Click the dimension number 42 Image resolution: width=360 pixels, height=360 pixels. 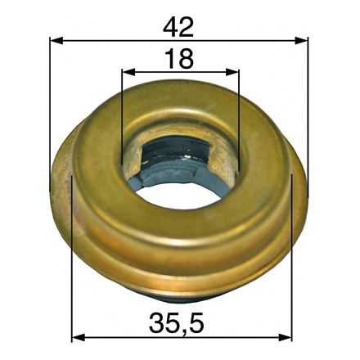click(x=178, y=26)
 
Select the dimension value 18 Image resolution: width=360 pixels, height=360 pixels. click(x=178, y=59)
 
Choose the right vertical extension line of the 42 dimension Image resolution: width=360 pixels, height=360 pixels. click(x=308, y=123)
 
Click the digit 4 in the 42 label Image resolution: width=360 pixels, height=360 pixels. click(x=170, y=26)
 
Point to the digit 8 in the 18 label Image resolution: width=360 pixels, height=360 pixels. click(x=186, y=59)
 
